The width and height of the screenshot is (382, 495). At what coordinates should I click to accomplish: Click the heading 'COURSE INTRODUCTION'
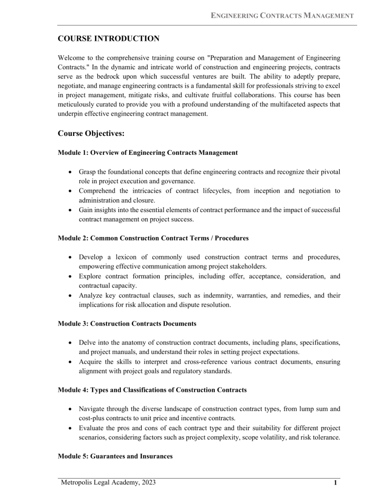click(108, 38)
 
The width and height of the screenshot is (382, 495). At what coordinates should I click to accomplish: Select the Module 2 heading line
click(153, 239)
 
